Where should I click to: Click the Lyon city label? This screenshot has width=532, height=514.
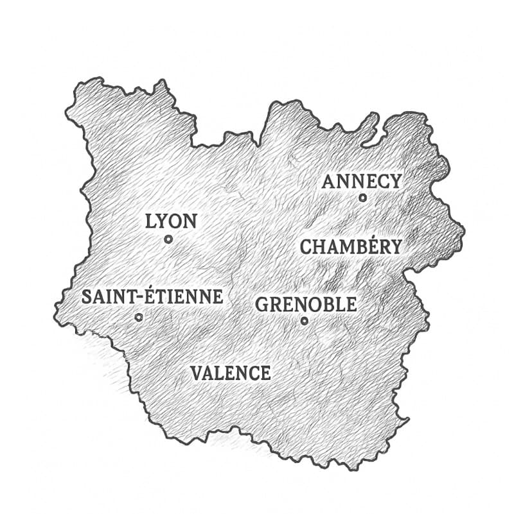coord(171,222)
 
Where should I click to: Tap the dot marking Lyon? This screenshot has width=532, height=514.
coord(168,239)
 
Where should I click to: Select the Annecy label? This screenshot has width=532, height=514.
coord(362,182)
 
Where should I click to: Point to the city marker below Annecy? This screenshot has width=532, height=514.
coord(362,198)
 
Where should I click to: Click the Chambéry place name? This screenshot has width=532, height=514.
coord(351,246)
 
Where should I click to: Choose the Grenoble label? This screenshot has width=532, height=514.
coord(306,304)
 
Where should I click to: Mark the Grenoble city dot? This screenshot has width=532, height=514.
coord(305,321)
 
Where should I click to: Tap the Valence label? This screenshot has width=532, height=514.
coord(231,373)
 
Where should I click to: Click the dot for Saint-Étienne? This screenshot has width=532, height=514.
coord(139,317)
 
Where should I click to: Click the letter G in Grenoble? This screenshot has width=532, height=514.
coord(262,305)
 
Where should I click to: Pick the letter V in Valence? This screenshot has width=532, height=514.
coord(197,373)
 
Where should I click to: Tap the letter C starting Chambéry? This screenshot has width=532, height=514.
coord(306,246)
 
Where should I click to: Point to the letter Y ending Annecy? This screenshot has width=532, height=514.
coord(395,182)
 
